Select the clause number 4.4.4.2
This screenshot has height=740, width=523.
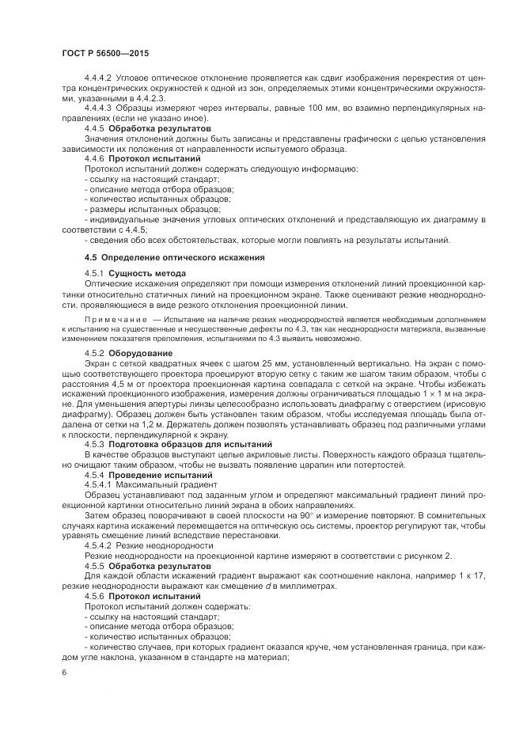(x=99, y=78)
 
